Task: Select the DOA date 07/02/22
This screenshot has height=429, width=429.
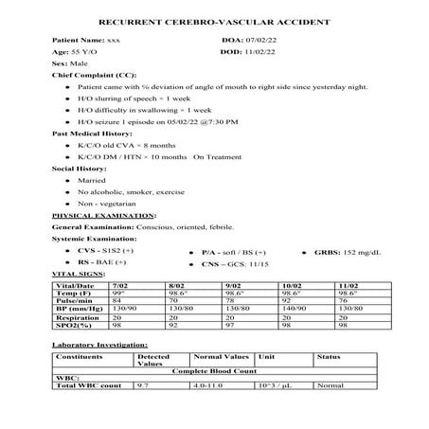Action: point(266,41)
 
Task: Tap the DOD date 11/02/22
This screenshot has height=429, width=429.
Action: point(266,54)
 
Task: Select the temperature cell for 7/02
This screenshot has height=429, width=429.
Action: point(119,294)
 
